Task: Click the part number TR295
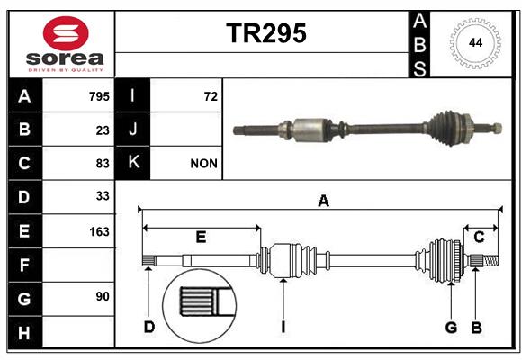tap(266, 33)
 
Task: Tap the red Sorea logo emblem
tap(66, 33)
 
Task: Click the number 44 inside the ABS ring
tap(475, 42)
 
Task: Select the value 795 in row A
tap(99, 96)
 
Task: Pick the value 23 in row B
tap(103, 130)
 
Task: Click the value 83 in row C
tap(103, 164)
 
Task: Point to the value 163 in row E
tap(99, 231)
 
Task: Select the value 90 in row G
tap(103, 296)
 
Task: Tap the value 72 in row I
tap(211, 96)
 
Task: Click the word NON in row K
tap(203, 164)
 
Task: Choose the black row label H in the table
tap(24, 332)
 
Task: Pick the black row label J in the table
tap(132, 129)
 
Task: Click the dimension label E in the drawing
tap(201, 237)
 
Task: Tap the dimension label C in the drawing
tap(479, 237)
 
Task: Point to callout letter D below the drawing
tap(149, 327)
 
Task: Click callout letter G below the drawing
tap(451, 328)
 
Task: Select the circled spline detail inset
tap(200, 306)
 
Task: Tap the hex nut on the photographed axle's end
tap(497, 128)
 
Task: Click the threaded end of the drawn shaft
tap(490, 260)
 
